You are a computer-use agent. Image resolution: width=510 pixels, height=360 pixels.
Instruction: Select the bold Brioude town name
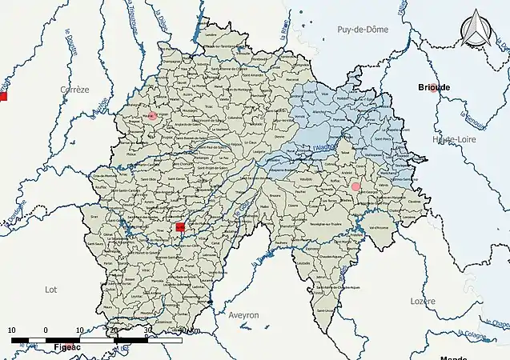[432, 87]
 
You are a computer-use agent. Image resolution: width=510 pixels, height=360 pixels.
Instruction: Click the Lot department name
[51, 289]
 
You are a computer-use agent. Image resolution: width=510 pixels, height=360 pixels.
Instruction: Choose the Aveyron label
[243, 315]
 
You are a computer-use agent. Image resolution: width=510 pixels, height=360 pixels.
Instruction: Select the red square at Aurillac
[180, 227]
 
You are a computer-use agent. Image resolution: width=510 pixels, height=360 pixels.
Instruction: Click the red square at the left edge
[2, 97]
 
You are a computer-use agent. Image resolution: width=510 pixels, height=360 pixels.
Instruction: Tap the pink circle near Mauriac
[151, 116]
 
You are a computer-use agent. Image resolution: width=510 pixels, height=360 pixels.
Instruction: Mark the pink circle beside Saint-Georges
[355, 186]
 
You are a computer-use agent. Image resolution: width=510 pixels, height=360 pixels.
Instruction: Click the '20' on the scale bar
[114, 330]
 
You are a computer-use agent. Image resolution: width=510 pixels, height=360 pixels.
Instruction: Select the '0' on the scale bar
[46, 330]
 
